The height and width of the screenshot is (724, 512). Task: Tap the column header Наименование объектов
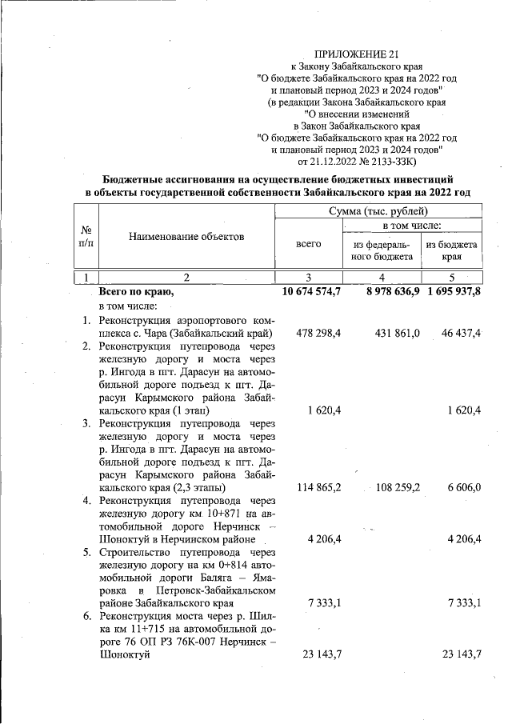[184, 237]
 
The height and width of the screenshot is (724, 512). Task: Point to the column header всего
[309, 243]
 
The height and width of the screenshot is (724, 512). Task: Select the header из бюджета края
[452, 250]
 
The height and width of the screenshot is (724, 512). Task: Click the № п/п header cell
[86, 236]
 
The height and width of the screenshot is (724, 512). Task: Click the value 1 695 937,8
[454, 291]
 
